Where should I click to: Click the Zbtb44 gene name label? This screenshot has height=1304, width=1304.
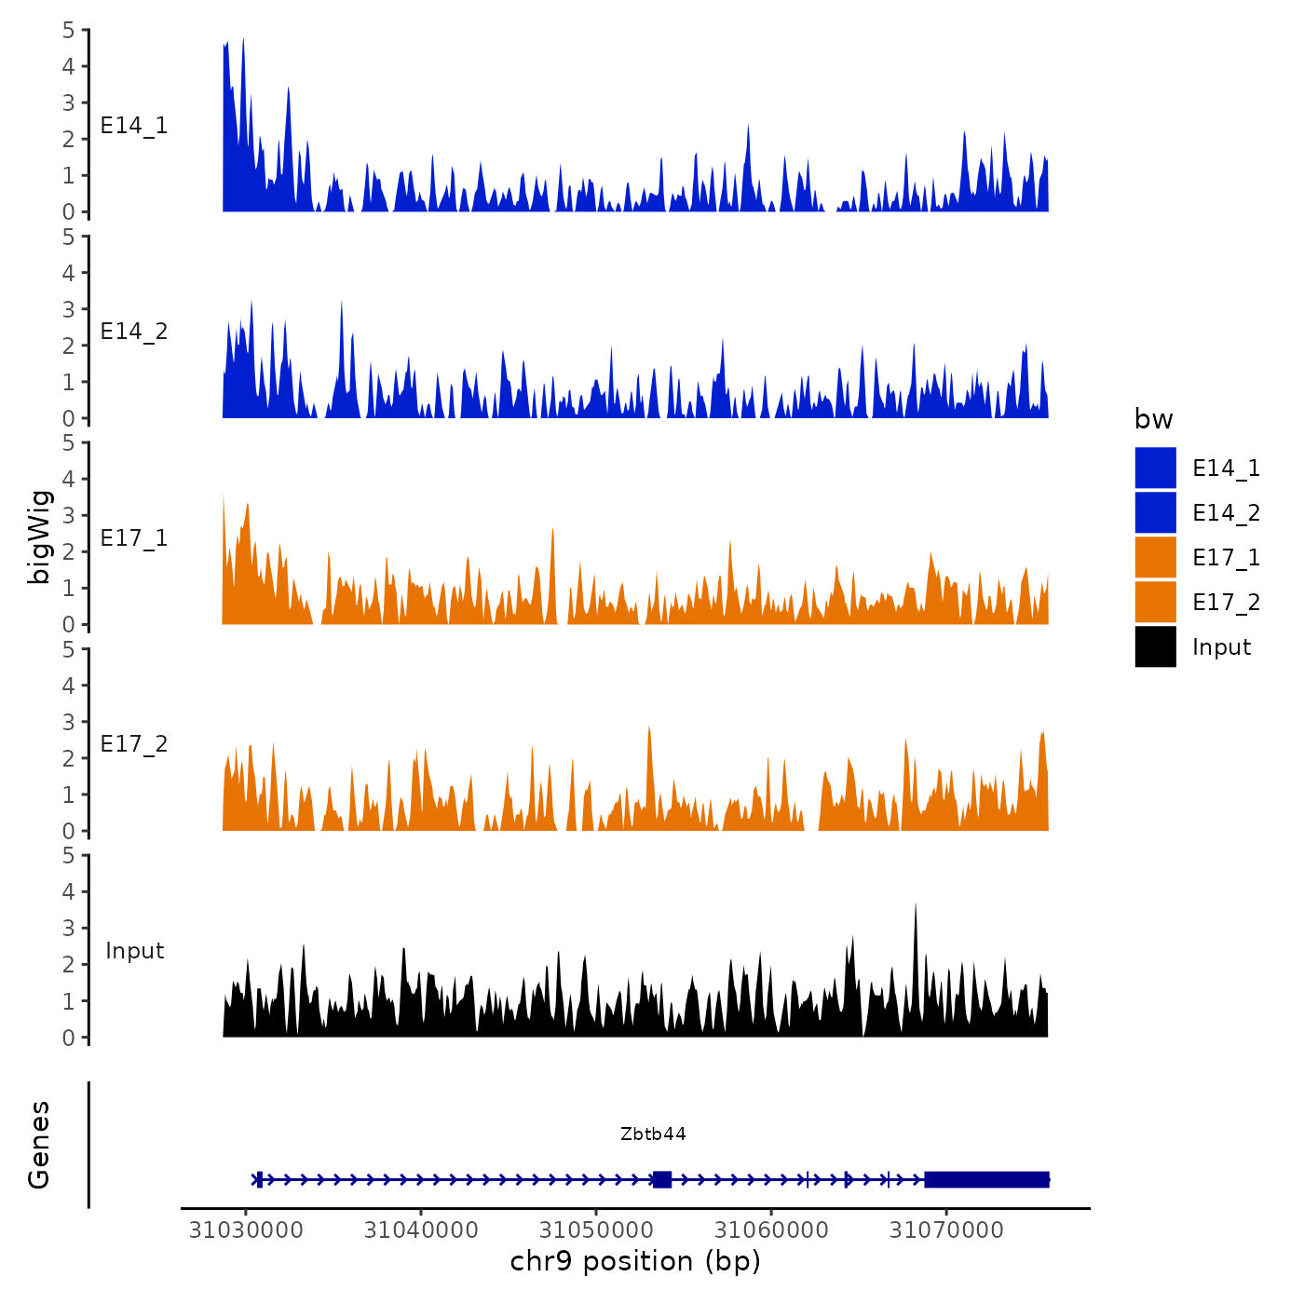[x=653, y=1134]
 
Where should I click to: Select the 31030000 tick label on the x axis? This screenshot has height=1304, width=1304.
[x=246, y=1229]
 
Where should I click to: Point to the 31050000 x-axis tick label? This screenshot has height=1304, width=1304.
[x=596, y=1229]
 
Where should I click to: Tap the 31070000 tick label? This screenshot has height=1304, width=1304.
[x=946, y=1229]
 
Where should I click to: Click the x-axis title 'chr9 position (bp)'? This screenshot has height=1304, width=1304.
[x=635, y=1261]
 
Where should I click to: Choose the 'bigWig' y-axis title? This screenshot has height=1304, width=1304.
[x=39, y=537]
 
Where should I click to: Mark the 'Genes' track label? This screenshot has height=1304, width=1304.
[x=39, y=1145]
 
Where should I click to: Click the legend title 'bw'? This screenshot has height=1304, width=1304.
[x=1153, y=419]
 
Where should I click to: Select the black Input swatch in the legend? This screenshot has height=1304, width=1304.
[x=1155, y=646]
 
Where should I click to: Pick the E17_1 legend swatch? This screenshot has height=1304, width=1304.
[x=1155, y=557]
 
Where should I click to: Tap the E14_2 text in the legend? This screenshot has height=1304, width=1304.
[x=1226, y=512]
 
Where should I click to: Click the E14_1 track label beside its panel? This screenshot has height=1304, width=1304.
[x=134, y=126]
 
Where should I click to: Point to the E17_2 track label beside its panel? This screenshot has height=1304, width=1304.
[x=134, y=744]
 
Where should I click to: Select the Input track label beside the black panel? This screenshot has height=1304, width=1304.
[x=134, y=950]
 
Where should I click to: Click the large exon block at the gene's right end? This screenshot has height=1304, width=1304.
[x=986, y=1179]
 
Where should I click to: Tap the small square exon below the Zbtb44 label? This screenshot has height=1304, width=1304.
[x=662, y=1179]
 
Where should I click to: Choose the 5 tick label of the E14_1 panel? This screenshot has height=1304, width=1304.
[x=68, y=30]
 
